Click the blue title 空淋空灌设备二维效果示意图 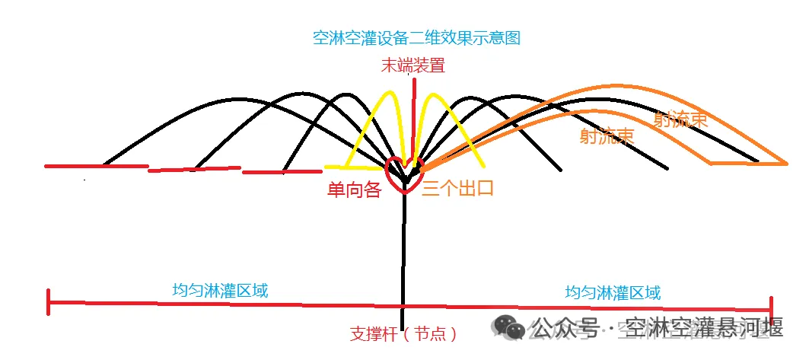(x=416, y=37)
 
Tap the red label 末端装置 (x=413, y=65)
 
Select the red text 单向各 (x=353, y=189)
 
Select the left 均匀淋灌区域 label (x=220, y=290)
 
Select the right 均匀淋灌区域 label (x=613, y=292)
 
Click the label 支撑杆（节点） (x=403, y=333)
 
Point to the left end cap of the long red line (x=49, y=301)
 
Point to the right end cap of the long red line (x=770, y=310)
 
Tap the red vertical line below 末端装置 (x=413, y=114)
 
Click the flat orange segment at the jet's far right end (x=746, y=163)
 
